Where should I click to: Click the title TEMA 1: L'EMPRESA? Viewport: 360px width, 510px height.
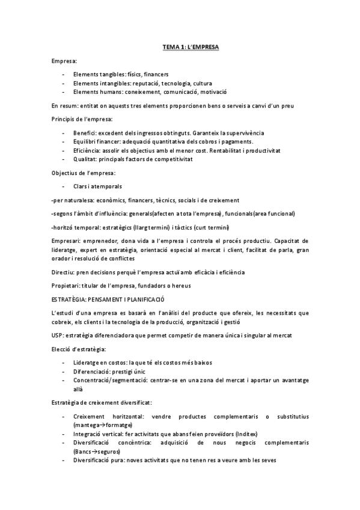click(x=191, y=46)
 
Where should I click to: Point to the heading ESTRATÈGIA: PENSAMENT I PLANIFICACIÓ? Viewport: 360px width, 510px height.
click(x=108, y=298)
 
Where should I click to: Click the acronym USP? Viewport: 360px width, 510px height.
click(x=57, y=336)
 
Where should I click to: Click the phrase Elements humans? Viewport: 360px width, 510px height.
click(x=94, y=92)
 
